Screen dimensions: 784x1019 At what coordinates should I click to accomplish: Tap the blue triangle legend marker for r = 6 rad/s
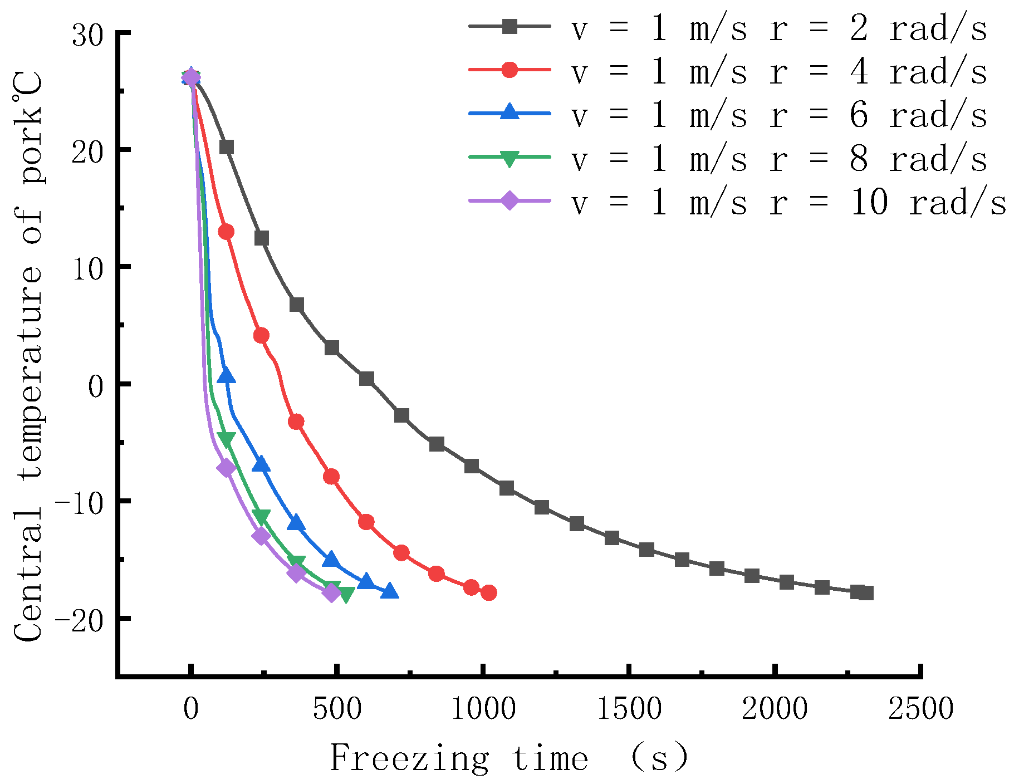pyautogui.click(x=509, y=112)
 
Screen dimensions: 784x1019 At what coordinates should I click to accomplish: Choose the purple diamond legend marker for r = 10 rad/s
pyautogui.click(x=509, y=200)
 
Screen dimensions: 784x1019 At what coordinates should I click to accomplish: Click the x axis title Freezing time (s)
pyautogui.click(x=509, y=758)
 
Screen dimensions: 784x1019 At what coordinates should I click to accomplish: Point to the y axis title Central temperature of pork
pyautogui.click(x=28, y=356)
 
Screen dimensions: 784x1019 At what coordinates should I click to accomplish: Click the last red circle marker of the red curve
pyautogui.click(x=488, y=593)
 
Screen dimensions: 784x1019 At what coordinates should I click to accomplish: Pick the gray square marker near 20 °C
pyautogui.click(x=227, y=147)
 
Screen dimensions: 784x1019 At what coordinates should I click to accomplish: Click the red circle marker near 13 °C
pyautogui.click(x=226, y=232)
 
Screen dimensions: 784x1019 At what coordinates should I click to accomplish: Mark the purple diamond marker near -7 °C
pyautogui.click(x=226, y=468)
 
